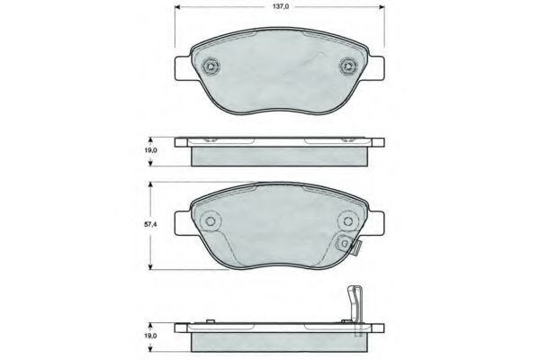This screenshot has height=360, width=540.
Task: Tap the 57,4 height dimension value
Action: point(149,224)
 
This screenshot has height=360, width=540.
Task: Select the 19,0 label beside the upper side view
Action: point(150,150)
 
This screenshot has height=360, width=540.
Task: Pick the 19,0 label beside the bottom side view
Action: point(150,336)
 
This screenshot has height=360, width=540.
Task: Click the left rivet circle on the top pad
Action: point(211,66)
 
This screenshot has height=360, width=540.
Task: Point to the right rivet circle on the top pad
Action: point(348,66)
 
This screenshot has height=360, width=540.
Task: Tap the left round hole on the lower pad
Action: point(210,220)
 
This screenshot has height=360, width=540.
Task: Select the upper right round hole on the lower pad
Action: point(346,220)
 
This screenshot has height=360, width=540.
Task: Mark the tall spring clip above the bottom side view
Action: point(355,310)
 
